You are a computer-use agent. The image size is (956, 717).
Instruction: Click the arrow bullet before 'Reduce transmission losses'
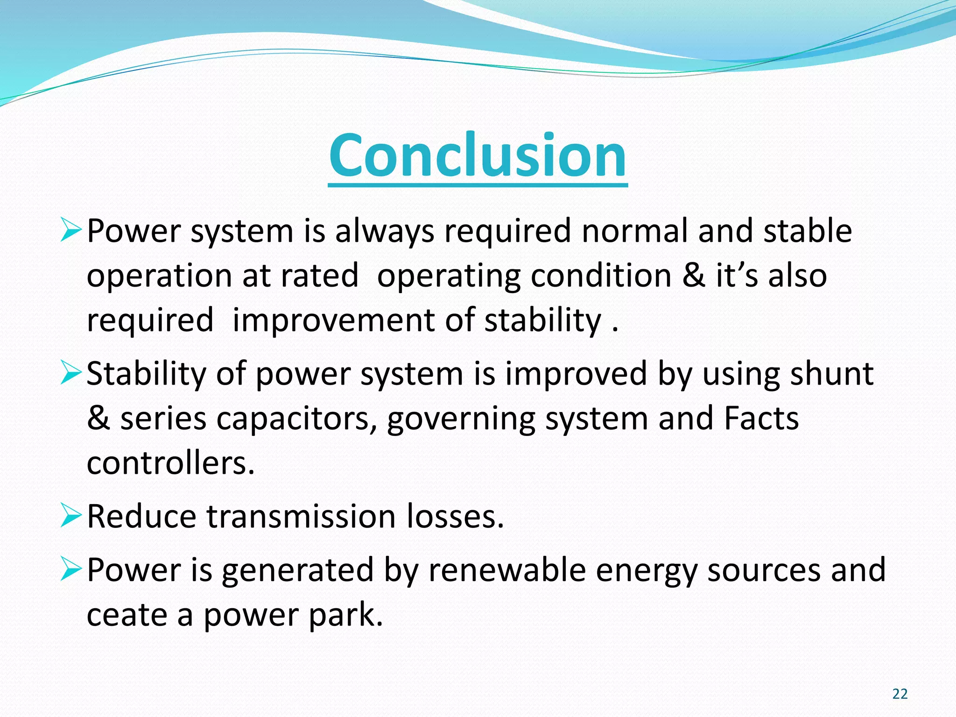click(71, 516)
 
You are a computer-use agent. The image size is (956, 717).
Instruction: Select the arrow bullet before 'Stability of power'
click(71, 374)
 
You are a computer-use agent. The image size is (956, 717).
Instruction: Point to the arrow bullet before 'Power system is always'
click(71, 231)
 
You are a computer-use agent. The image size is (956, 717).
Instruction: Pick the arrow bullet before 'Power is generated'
click(71, 570)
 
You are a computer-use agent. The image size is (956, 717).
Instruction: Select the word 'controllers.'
click(171, 463)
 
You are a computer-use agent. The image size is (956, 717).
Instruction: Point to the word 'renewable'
click(506, 570)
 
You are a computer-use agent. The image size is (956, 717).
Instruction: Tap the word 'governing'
click(461, 419)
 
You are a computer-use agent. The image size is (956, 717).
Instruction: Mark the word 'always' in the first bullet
click(385, 232)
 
